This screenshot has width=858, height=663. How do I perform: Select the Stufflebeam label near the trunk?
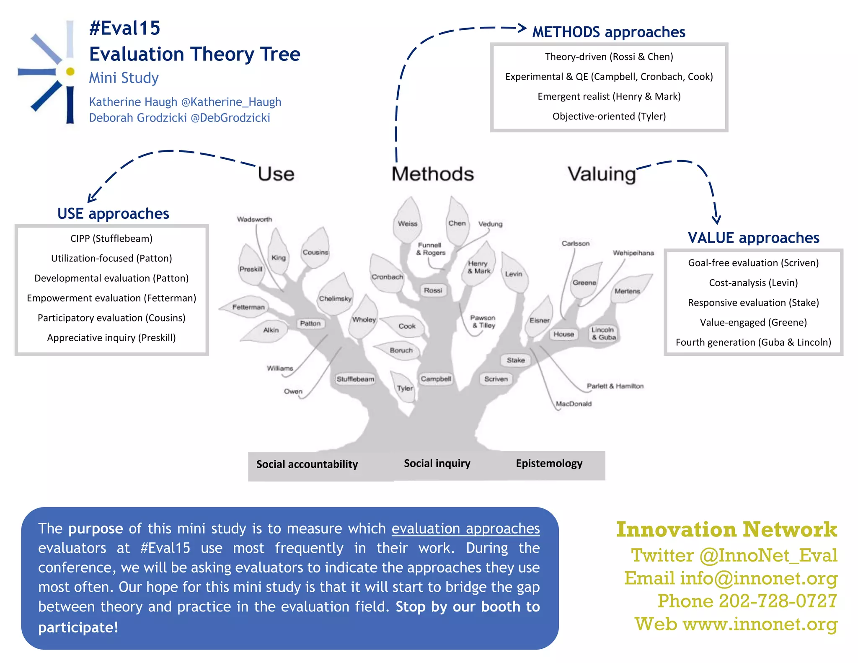point(355,379)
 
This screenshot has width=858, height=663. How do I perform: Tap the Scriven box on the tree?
point(496,379)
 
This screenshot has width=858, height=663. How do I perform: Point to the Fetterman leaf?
point(248,307)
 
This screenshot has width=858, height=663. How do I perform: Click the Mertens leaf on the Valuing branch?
point(628,290)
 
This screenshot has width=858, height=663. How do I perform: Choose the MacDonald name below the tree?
point(574,404)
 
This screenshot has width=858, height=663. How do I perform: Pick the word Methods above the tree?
point(432,174)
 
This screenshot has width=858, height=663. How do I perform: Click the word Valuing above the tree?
point(602,174)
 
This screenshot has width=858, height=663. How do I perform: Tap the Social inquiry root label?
point(437,464)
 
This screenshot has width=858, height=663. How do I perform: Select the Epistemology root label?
point(549,464)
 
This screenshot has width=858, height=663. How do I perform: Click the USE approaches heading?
point(113,214)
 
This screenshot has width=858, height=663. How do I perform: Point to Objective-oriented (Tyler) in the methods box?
point(609,116)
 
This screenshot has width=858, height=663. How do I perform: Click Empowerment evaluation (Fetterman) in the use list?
point(111,298)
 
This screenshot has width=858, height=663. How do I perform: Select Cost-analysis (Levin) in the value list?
point(753,283)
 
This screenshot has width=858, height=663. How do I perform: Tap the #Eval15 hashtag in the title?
point(125,28)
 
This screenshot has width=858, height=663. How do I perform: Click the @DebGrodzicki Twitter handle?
point(230,118)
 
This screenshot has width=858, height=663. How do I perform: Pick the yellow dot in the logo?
point(70,72)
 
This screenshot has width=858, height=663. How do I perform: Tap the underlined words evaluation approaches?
point(465,528)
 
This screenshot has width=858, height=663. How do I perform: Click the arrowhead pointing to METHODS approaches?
point(522,28)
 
